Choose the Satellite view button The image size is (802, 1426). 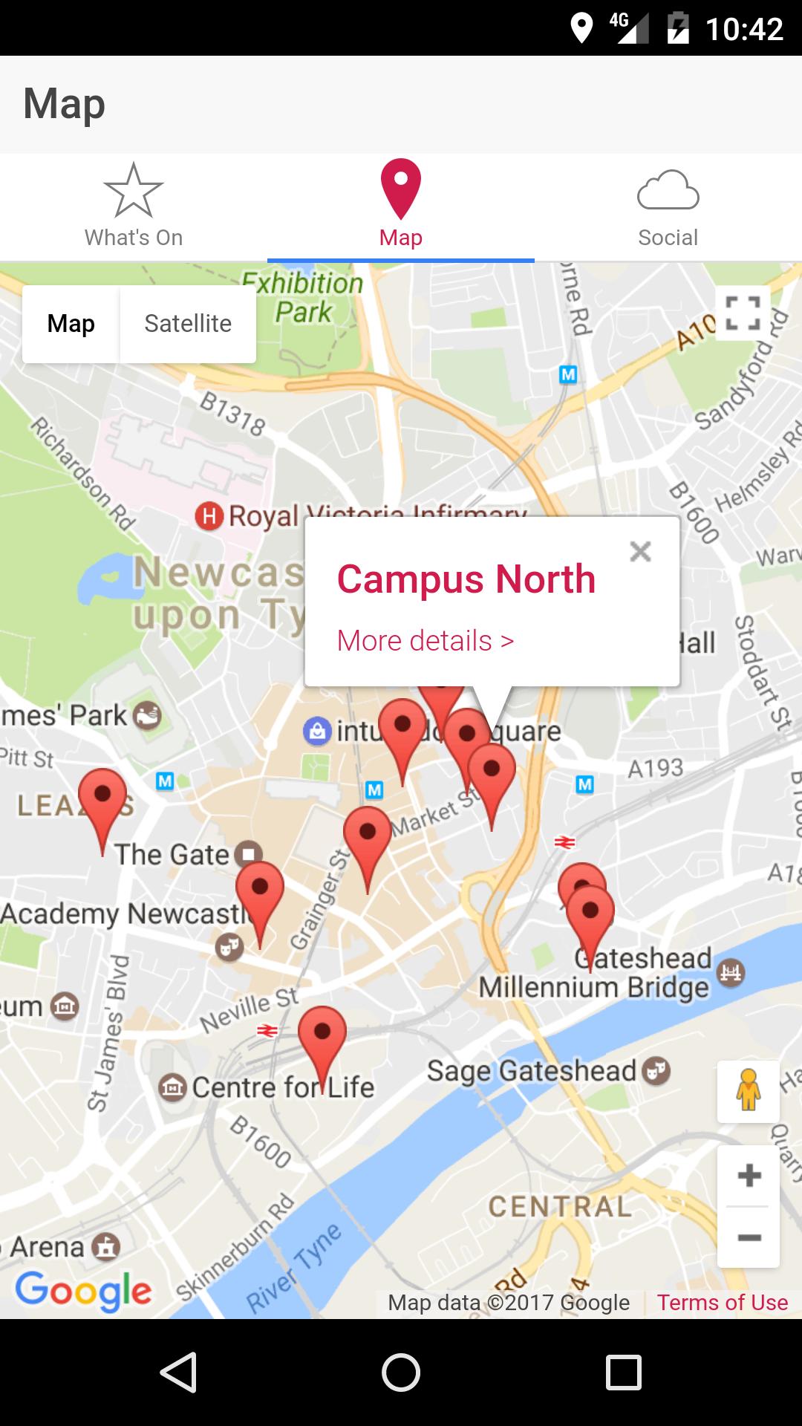coord(188,324)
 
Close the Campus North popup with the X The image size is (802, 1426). coord(640,551)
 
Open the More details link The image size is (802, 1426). coord(425,640)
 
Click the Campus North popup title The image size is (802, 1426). coord(466,579)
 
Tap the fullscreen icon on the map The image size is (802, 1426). coord(743,313)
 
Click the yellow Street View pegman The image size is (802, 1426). coord(749,1091)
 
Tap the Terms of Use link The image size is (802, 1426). coord(722,1302)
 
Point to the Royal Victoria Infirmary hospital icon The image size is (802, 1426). coord(209,515)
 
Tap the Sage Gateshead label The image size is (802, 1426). coord(532,1071)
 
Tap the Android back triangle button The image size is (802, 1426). coord(178,1372)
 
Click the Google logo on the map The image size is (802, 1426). coord(83,1291)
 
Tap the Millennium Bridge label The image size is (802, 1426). coord(594,988)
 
